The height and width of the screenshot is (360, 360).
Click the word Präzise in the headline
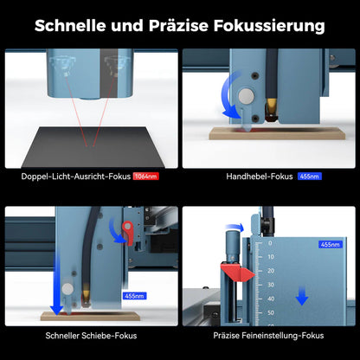click(178, 26)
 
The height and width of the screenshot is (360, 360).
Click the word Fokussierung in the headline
click(269, 26)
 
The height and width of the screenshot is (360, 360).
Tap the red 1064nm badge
click(146, 177)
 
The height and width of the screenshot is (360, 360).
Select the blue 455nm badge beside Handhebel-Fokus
click(310, 177)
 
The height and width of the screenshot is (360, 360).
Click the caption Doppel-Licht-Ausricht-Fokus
click(76, 177)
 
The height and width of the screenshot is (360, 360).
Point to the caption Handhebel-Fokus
click(260, 177)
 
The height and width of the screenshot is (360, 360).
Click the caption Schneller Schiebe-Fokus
click(91, 336)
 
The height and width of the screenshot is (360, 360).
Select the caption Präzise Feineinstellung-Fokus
click(268, 336)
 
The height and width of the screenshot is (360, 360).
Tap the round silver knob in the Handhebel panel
click(246, 96)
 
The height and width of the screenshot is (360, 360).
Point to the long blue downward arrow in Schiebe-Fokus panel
click(57, 283)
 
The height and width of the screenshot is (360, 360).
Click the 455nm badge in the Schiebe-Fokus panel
click(134, 296)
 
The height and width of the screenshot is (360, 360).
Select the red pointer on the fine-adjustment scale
click(237, 273)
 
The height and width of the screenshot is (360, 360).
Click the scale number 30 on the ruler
click(271, 285)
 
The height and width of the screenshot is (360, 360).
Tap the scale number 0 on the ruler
click(270, 243)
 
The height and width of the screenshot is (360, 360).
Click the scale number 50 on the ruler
click(271, 312)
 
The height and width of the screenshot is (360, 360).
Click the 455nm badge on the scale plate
click(331, 244)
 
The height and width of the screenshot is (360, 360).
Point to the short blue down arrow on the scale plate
click(302, 296)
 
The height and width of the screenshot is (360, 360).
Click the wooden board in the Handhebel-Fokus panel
click(277, 134)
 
